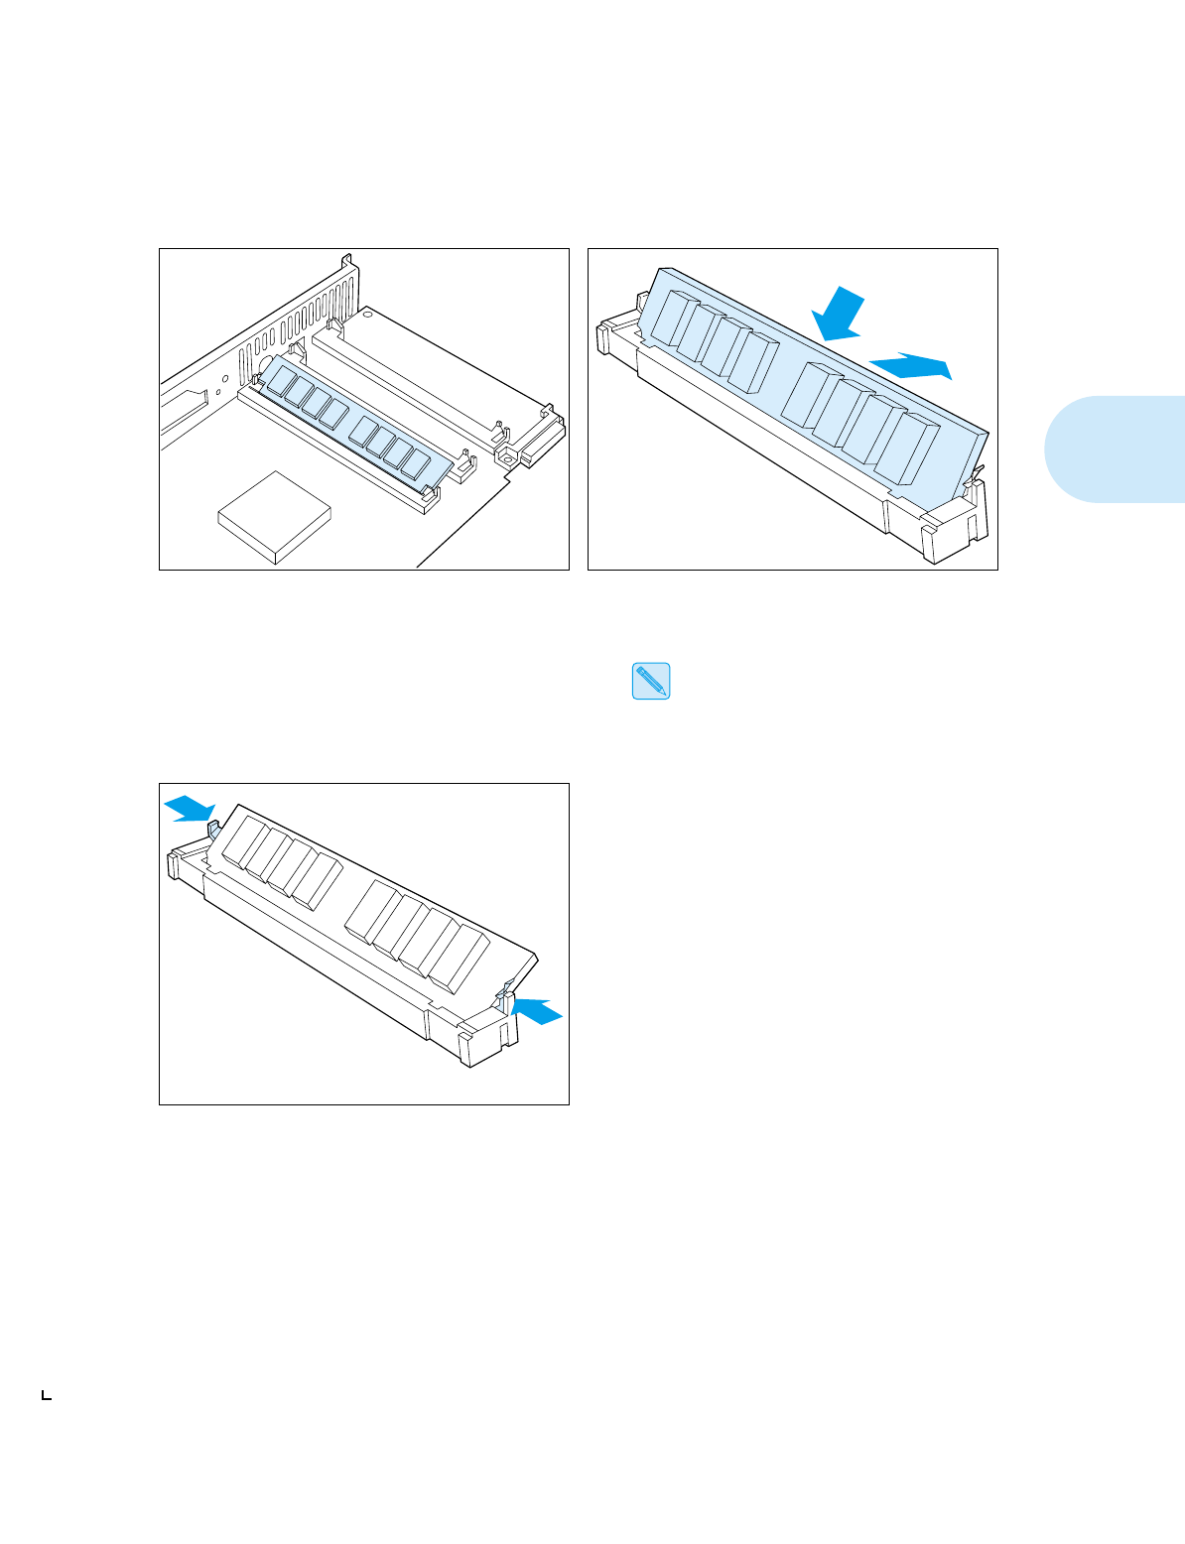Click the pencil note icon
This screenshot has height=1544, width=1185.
pyautogui.click(x=651, y=682)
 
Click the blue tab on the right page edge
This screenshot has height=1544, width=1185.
pyautogui.click(x=1114, y=449)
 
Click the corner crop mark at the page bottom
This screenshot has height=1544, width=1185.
pyautogui.click(x=46, y=1395)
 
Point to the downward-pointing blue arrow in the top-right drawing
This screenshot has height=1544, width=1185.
pyautogui.click(x=836, y=315)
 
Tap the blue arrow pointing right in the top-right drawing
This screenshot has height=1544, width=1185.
pyautogui.click(x=910, y=366)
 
